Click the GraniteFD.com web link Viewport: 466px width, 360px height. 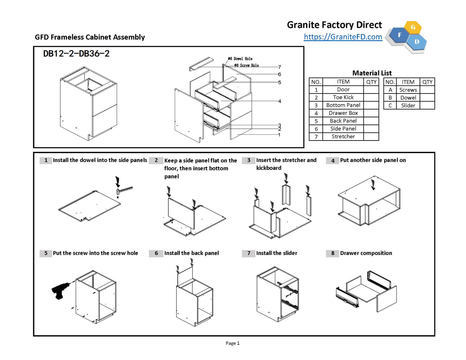coord(343,37)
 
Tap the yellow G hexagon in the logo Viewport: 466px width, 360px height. coord(413,27)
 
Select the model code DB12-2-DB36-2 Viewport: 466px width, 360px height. coord(76,54)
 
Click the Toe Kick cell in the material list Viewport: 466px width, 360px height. coord(343,97)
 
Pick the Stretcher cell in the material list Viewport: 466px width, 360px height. coord(343,137)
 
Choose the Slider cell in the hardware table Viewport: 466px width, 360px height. coord(408,105)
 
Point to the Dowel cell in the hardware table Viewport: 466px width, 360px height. coord(408,98)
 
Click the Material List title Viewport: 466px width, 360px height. coord(372,73)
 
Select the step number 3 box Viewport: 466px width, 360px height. coord(249,160)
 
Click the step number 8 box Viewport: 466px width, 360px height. coord(332,253)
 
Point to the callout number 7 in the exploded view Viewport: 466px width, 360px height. coord(279,67)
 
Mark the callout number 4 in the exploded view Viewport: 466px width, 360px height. coord(279,101)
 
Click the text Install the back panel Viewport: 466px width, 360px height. coord(192,253)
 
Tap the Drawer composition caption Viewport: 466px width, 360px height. coord(366,253)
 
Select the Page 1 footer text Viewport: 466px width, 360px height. coord(233,343)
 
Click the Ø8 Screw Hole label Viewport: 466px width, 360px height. coord(247,65)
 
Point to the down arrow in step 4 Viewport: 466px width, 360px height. coord(373,185)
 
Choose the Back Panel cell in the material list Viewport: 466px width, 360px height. coord(343,121)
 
